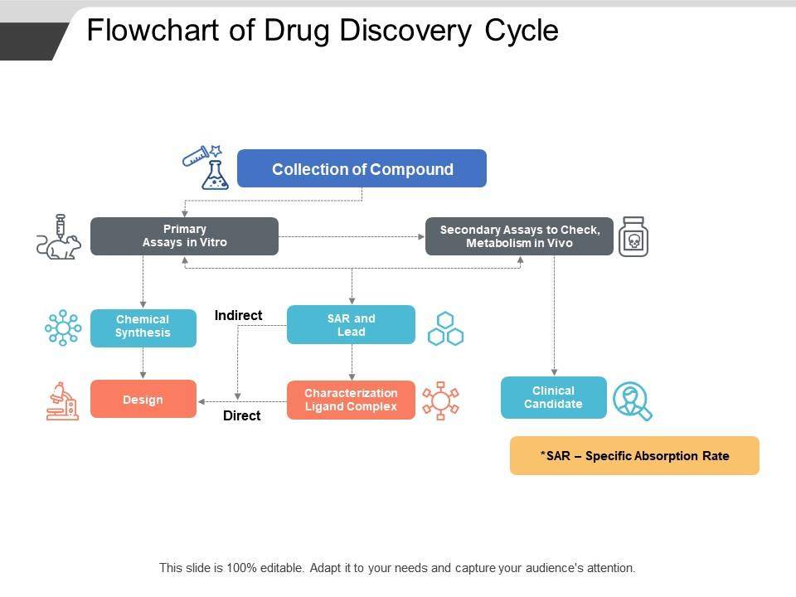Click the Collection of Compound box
pos(362,169)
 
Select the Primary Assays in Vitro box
pos(184,236)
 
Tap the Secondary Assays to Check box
pos(519,236)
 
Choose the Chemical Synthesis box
pos(143,327)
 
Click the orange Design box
pos(143,400)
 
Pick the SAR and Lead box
pos(351,325)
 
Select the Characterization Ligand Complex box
pos(351,400)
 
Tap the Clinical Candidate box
pos(553,397)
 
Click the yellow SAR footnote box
pos(634,455)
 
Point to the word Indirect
pos(238,315)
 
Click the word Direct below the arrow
pos(241,416)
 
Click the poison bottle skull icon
pos(633,238)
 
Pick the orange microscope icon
pos(63,400)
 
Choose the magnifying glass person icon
pos(633,400)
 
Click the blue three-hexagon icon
pos(445,328)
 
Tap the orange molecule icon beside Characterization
pos(440,400)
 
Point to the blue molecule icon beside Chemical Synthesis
pos(63,328)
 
